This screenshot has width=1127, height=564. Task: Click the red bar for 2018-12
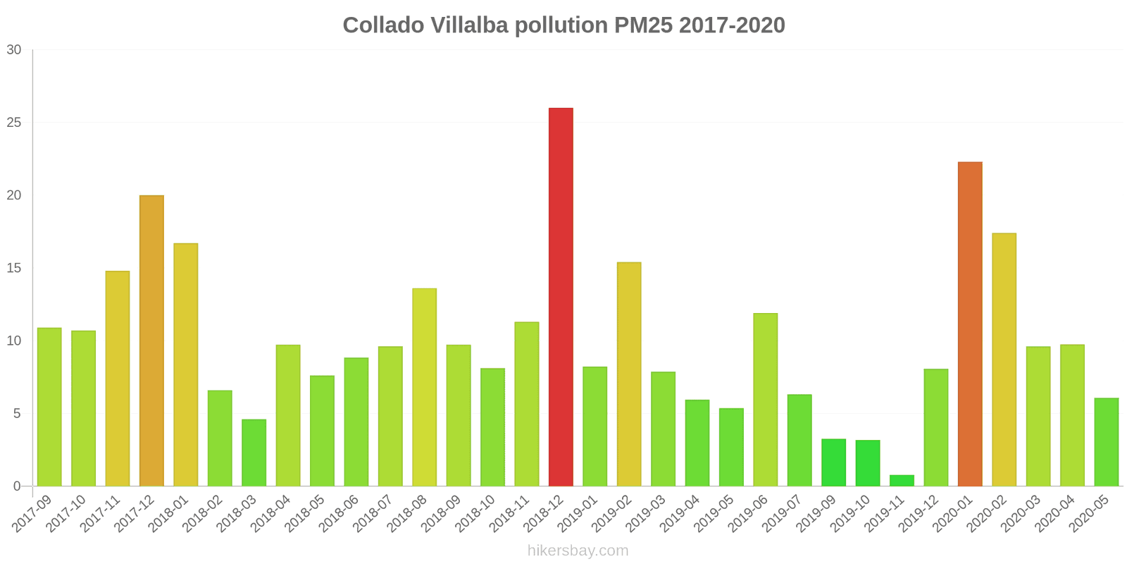point(561,297)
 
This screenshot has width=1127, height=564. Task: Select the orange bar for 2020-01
point(970,324)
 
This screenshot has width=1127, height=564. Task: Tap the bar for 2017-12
point(151,341)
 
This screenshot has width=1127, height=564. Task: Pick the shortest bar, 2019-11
point(902,481)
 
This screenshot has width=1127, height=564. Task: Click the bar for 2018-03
point(254,453)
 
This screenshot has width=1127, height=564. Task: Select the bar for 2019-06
point(765,400)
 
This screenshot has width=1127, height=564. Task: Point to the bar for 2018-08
point(424,387)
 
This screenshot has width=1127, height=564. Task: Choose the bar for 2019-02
point(629,374)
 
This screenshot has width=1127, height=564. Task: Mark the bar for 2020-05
point(1106,442)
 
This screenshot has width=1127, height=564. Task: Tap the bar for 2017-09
point(49,407)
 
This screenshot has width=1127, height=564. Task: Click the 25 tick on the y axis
point(14,123)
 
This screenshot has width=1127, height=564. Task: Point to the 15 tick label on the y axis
point(14,268)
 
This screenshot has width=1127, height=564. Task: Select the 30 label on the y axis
point(14,50)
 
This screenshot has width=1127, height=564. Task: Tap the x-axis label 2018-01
point(172,513)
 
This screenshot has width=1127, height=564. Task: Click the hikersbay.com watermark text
point(578,551)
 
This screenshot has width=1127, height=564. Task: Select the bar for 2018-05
point(322,431)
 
